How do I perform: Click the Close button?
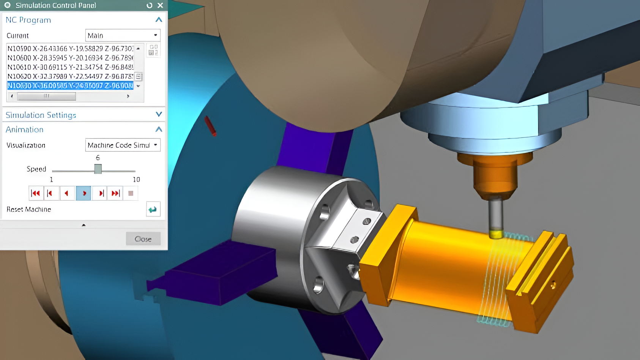coord(143,239)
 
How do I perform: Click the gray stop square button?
coord(131,193)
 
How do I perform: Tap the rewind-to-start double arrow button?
coord(36,193)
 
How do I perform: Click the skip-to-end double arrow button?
coord(115,193)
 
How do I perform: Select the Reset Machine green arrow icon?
coord(153,209)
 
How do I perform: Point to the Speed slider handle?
coord(98,169)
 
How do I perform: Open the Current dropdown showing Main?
coord(123,35)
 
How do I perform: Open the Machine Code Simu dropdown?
coord(123,145)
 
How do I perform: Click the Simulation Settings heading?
coord(41,115)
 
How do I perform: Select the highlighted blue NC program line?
coord(70,86)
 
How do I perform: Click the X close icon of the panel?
coord(160,5)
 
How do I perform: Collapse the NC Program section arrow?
coord(159,20)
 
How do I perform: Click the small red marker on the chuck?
coord(210,126)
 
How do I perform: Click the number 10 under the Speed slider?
coord(136,180)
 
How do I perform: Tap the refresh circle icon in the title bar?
coord(149,5)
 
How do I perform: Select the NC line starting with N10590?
coord(70,49)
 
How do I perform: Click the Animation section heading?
coord(25,129)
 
